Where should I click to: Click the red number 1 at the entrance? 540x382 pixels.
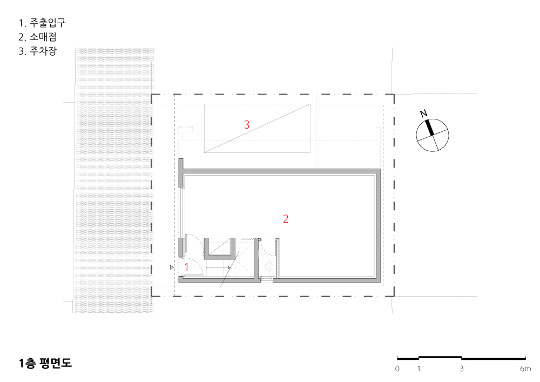click(187, 266)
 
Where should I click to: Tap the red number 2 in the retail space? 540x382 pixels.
click(286, 219)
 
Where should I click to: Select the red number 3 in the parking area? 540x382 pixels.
click(247, 125)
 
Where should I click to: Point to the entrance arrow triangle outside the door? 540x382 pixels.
click(171, 267)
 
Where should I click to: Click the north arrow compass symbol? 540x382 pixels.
click(433, 135)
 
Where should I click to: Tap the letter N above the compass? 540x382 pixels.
click(424, 113)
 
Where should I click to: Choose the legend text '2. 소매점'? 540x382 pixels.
click(37, 37)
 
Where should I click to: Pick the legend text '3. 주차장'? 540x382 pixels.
click(37, 52)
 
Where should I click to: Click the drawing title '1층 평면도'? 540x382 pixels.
click(45, 363)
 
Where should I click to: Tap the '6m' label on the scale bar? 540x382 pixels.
click(525, 369)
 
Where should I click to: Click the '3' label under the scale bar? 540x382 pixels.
click(461, 369)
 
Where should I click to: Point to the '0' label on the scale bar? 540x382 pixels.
click(397, 369)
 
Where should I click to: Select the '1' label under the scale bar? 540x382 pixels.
click(418, 369)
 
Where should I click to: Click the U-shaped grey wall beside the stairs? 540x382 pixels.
click(219, 256)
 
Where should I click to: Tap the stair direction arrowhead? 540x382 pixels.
click(230, 267)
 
